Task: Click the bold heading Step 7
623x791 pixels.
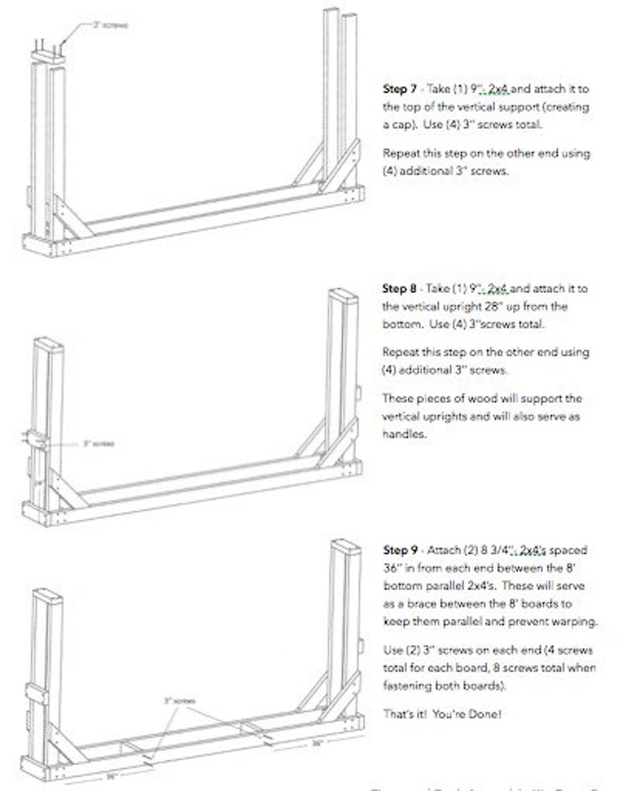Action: click(399, 90)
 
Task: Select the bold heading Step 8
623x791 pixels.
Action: click(399, 288)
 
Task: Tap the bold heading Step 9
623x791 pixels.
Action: click(399, 549)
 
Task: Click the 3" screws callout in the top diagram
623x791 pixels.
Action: click(111, 25)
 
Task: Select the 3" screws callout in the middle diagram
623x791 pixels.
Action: click(98, 443)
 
